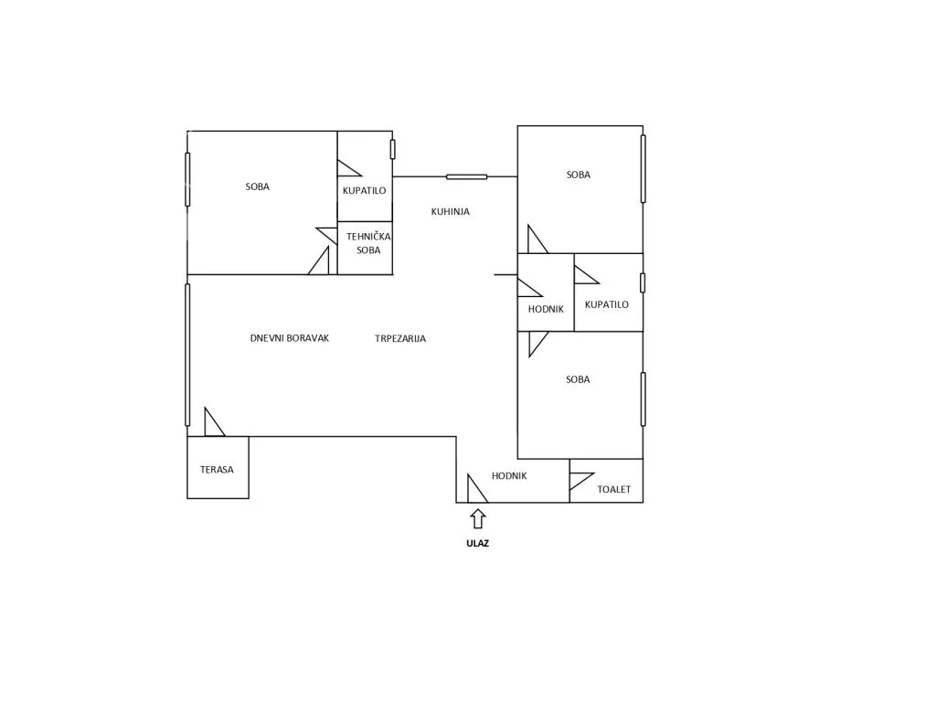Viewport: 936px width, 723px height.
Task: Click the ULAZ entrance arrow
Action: [x=477, y=519]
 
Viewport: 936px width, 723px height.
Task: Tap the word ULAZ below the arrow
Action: [x=477, y=544]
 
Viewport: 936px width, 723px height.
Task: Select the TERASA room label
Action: [x=217, y=470]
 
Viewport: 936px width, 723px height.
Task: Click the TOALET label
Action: [x=613, y=490]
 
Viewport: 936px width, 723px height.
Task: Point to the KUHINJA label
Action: [x=450, y=211]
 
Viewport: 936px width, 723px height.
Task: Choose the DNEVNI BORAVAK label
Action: [x=290, y=338]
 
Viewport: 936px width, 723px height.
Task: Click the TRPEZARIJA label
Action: [x=400, y=338]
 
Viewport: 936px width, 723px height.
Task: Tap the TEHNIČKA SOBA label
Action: [x=368, y=243]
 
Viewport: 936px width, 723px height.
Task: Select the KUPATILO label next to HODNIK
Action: [x=607, y=304]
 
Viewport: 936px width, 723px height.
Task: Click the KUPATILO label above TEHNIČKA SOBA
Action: [x=364, y=190]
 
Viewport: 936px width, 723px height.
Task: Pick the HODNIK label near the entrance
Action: [x=509, y=476]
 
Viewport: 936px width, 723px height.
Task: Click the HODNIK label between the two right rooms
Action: [x=546, y=309]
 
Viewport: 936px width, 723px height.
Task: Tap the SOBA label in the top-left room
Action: [x=257, y=186]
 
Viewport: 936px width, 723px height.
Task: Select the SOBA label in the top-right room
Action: [x=579, y=175]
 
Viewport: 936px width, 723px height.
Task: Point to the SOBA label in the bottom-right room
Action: [x=578, y=379]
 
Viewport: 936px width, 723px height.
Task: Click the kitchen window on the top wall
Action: [x=467, y=176]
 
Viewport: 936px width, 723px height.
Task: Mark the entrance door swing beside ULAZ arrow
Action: [x=477, y=488]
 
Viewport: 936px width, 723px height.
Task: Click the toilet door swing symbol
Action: [x=581, y=481]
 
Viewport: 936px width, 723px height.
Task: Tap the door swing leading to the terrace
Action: [x=214, y=421]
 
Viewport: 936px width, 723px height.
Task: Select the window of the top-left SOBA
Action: [x=187, y=180]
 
